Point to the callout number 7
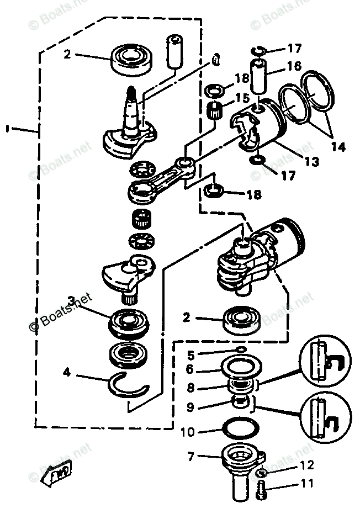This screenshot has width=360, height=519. (x=192, y=456)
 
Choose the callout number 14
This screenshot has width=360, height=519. (x=338, y=147)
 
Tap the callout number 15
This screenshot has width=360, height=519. (x=239, y=97)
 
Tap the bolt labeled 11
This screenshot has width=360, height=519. (x=261, y=490)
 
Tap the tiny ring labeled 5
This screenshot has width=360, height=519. (x=240, y=350)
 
